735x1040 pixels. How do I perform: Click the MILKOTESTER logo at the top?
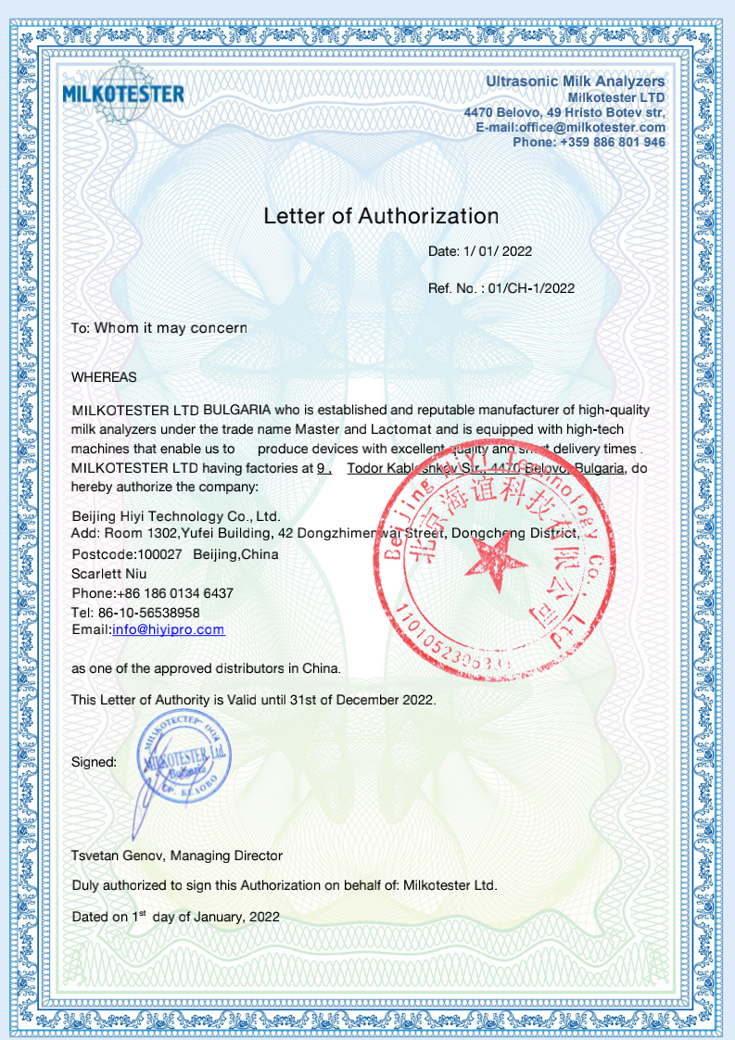coord(122,93)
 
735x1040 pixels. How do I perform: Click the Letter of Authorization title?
coord(381,216)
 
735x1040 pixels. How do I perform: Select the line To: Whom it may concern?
coord(158,328)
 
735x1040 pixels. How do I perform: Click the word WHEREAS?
coord(104,377)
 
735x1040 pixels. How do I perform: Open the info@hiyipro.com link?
coord(168,629)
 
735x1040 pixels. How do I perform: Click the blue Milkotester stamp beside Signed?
coord(184,756)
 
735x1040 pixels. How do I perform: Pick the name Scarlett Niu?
coord(108,574)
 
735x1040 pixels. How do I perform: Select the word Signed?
coord(94,762)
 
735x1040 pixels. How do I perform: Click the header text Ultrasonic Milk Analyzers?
coord(575,82)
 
